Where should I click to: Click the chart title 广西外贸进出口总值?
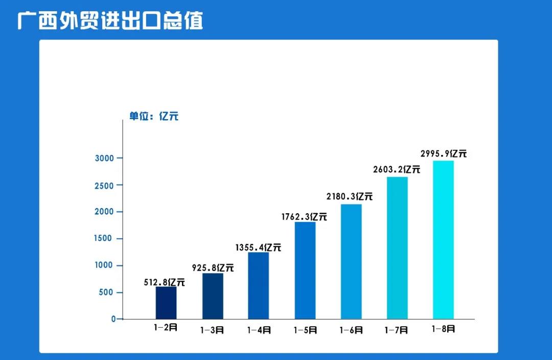(x=110, y=20)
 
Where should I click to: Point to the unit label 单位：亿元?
(x=153, y=117)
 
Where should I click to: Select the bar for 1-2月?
(x=166, y=303)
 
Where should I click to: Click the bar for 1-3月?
(x=213, y=296)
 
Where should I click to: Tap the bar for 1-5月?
(x=305, y=271)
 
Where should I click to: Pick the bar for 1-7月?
(x=397, y=248)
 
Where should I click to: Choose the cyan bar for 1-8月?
(x=443, y=240)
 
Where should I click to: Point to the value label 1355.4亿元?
(x=258, y=247)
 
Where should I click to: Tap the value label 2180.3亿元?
(x=350, y=196)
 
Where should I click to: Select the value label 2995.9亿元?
(x=443, y=153)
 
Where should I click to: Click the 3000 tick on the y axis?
(x=104, y=158)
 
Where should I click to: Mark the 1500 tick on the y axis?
(x=104, y=239)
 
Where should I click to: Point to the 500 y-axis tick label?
(x=107, y=292)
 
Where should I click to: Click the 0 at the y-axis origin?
(x=114, y=319)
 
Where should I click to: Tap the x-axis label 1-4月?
(x=259, y=330)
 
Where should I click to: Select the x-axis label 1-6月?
(x=351, y=330)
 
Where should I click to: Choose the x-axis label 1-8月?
(x=443, y=329)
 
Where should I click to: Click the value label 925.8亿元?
(x=213, y=267)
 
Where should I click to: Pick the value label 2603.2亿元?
(x=397, y=169)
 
